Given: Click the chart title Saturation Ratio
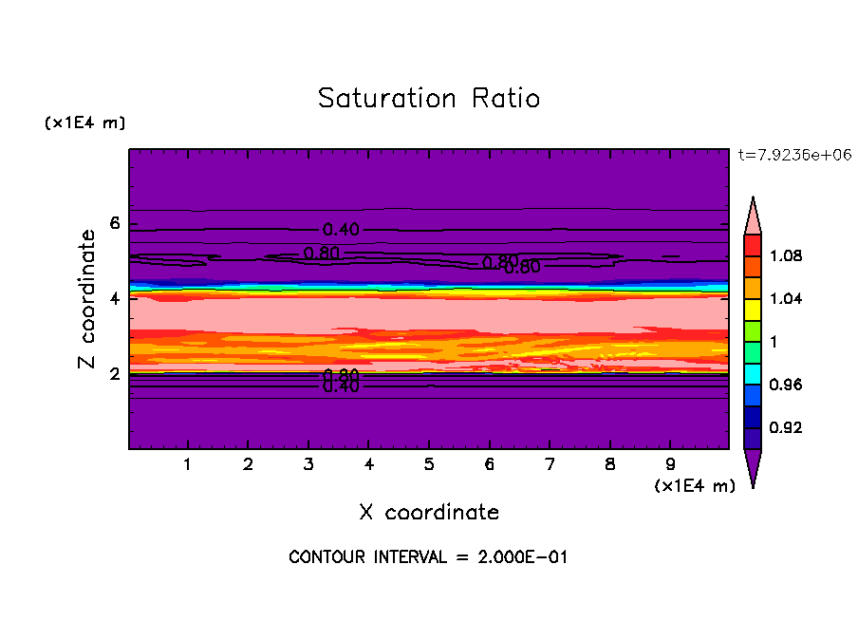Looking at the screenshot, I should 429,99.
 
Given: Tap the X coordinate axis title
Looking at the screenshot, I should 429,513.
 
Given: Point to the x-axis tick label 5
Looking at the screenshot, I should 429,465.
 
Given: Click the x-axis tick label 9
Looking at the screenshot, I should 670,465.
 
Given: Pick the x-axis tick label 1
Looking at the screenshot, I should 188,465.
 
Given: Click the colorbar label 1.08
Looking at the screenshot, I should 787,256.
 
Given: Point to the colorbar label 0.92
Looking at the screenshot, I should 787,427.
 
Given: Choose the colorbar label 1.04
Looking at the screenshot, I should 787,299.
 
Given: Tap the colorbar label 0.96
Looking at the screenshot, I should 787,385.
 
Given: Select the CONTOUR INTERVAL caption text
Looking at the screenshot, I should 428,557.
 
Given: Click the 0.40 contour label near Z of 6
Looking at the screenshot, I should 341,230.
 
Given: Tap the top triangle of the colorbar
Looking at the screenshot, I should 753,216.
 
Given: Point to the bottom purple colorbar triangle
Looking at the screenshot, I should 753,466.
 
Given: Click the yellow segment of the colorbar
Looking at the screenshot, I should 753,309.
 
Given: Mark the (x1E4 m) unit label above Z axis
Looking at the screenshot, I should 84,123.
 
